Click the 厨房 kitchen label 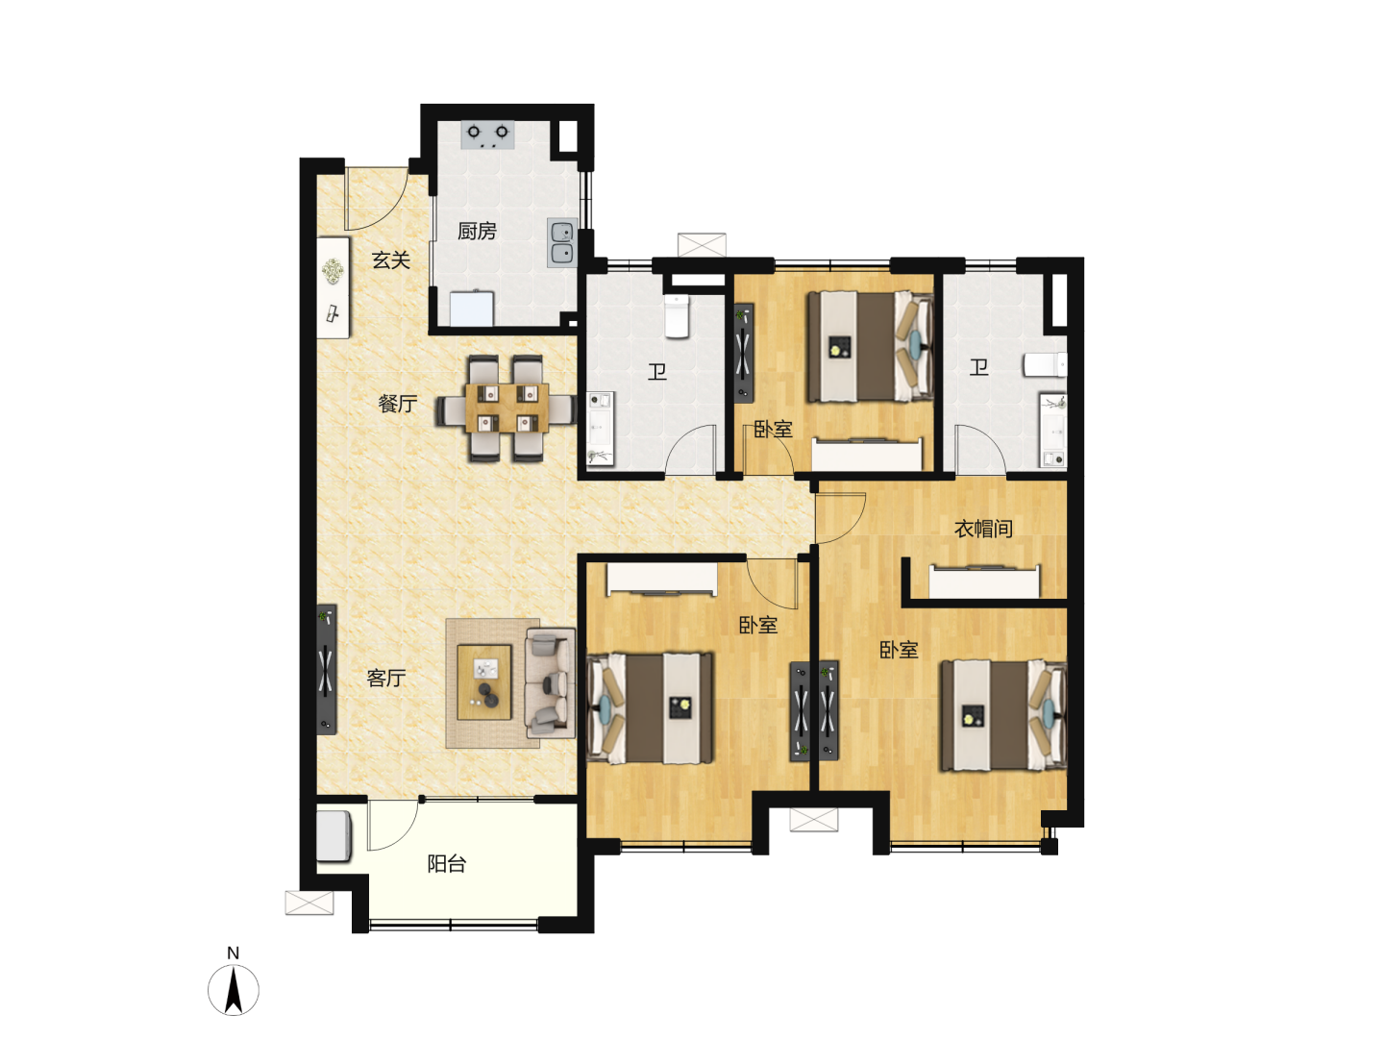click(477, 232)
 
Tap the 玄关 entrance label click(391, 260)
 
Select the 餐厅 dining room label click(398, 404)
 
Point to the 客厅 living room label click(385, 679)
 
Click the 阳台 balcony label click(446, 864)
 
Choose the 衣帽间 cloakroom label click(983, 529)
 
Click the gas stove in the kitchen click(487, 135)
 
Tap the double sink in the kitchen click(562, 243)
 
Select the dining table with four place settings click(507, 408)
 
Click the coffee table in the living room click(484, 682)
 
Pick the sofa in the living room click(551, 682)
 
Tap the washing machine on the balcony click(334, 836)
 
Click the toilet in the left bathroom click(678, 316)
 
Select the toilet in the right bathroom click(1045, 365)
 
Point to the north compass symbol click(234, 989)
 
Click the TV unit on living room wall click(327, 669)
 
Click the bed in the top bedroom click(871, 346)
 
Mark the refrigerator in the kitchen click(472, 309)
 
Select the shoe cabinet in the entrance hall click(333, 287)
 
